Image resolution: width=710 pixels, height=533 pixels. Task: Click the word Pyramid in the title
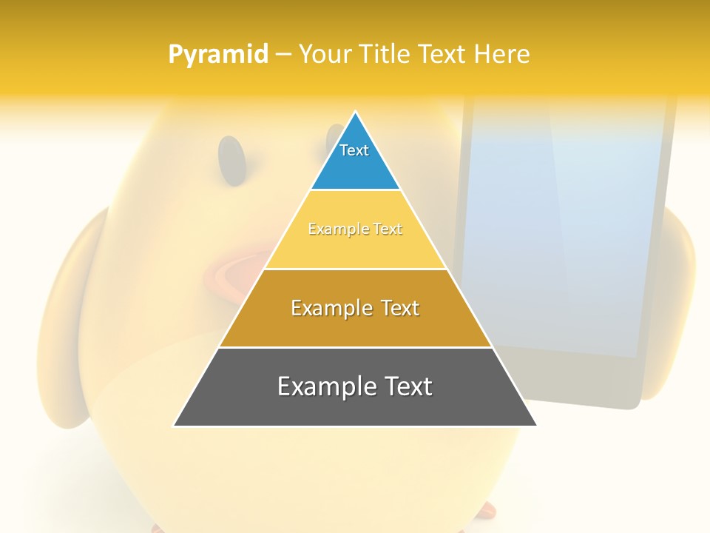(x=217, y=54)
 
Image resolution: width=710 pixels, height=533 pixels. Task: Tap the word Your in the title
(x=325, y=54)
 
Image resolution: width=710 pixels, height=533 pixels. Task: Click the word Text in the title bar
(x=442, y=54)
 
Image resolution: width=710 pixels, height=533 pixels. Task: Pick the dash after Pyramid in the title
(x=283, y=55)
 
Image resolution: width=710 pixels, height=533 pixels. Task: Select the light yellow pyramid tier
(x=355, y=248)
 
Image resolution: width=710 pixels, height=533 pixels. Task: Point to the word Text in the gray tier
(x=407, y=386)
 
